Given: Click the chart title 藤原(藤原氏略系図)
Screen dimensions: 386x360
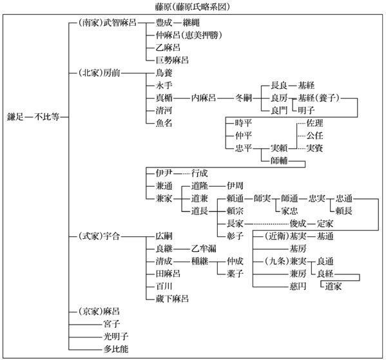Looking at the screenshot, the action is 192,6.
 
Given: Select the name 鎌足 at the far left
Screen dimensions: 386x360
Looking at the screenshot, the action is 15,117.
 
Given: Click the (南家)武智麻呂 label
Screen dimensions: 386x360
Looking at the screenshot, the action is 108,23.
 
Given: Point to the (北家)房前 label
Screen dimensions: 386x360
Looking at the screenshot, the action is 99,73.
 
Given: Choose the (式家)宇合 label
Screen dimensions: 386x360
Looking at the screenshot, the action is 99,236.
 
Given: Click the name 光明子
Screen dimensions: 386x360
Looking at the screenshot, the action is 116,337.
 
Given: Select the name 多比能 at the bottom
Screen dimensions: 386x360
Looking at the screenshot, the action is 116,349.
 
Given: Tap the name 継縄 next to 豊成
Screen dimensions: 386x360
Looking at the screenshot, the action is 191,23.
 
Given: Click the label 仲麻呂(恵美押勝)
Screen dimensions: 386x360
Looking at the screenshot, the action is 189,35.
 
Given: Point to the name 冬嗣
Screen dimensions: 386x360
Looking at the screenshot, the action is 244,98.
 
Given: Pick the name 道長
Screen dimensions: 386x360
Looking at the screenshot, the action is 200,211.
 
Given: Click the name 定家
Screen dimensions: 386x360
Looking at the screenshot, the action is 325,223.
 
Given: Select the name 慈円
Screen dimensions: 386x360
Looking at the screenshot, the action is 298,287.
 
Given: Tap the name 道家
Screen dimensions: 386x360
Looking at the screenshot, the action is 334,287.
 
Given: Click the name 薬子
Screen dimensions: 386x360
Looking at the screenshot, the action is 235,274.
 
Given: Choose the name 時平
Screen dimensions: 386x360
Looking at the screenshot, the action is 244,123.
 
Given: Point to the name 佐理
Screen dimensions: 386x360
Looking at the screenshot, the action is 315,123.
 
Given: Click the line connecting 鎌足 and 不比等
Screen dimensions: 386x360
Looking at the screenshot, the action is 29,117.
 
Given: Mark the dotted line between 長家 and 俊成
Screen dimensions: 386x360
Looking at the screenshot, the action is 267,224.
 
